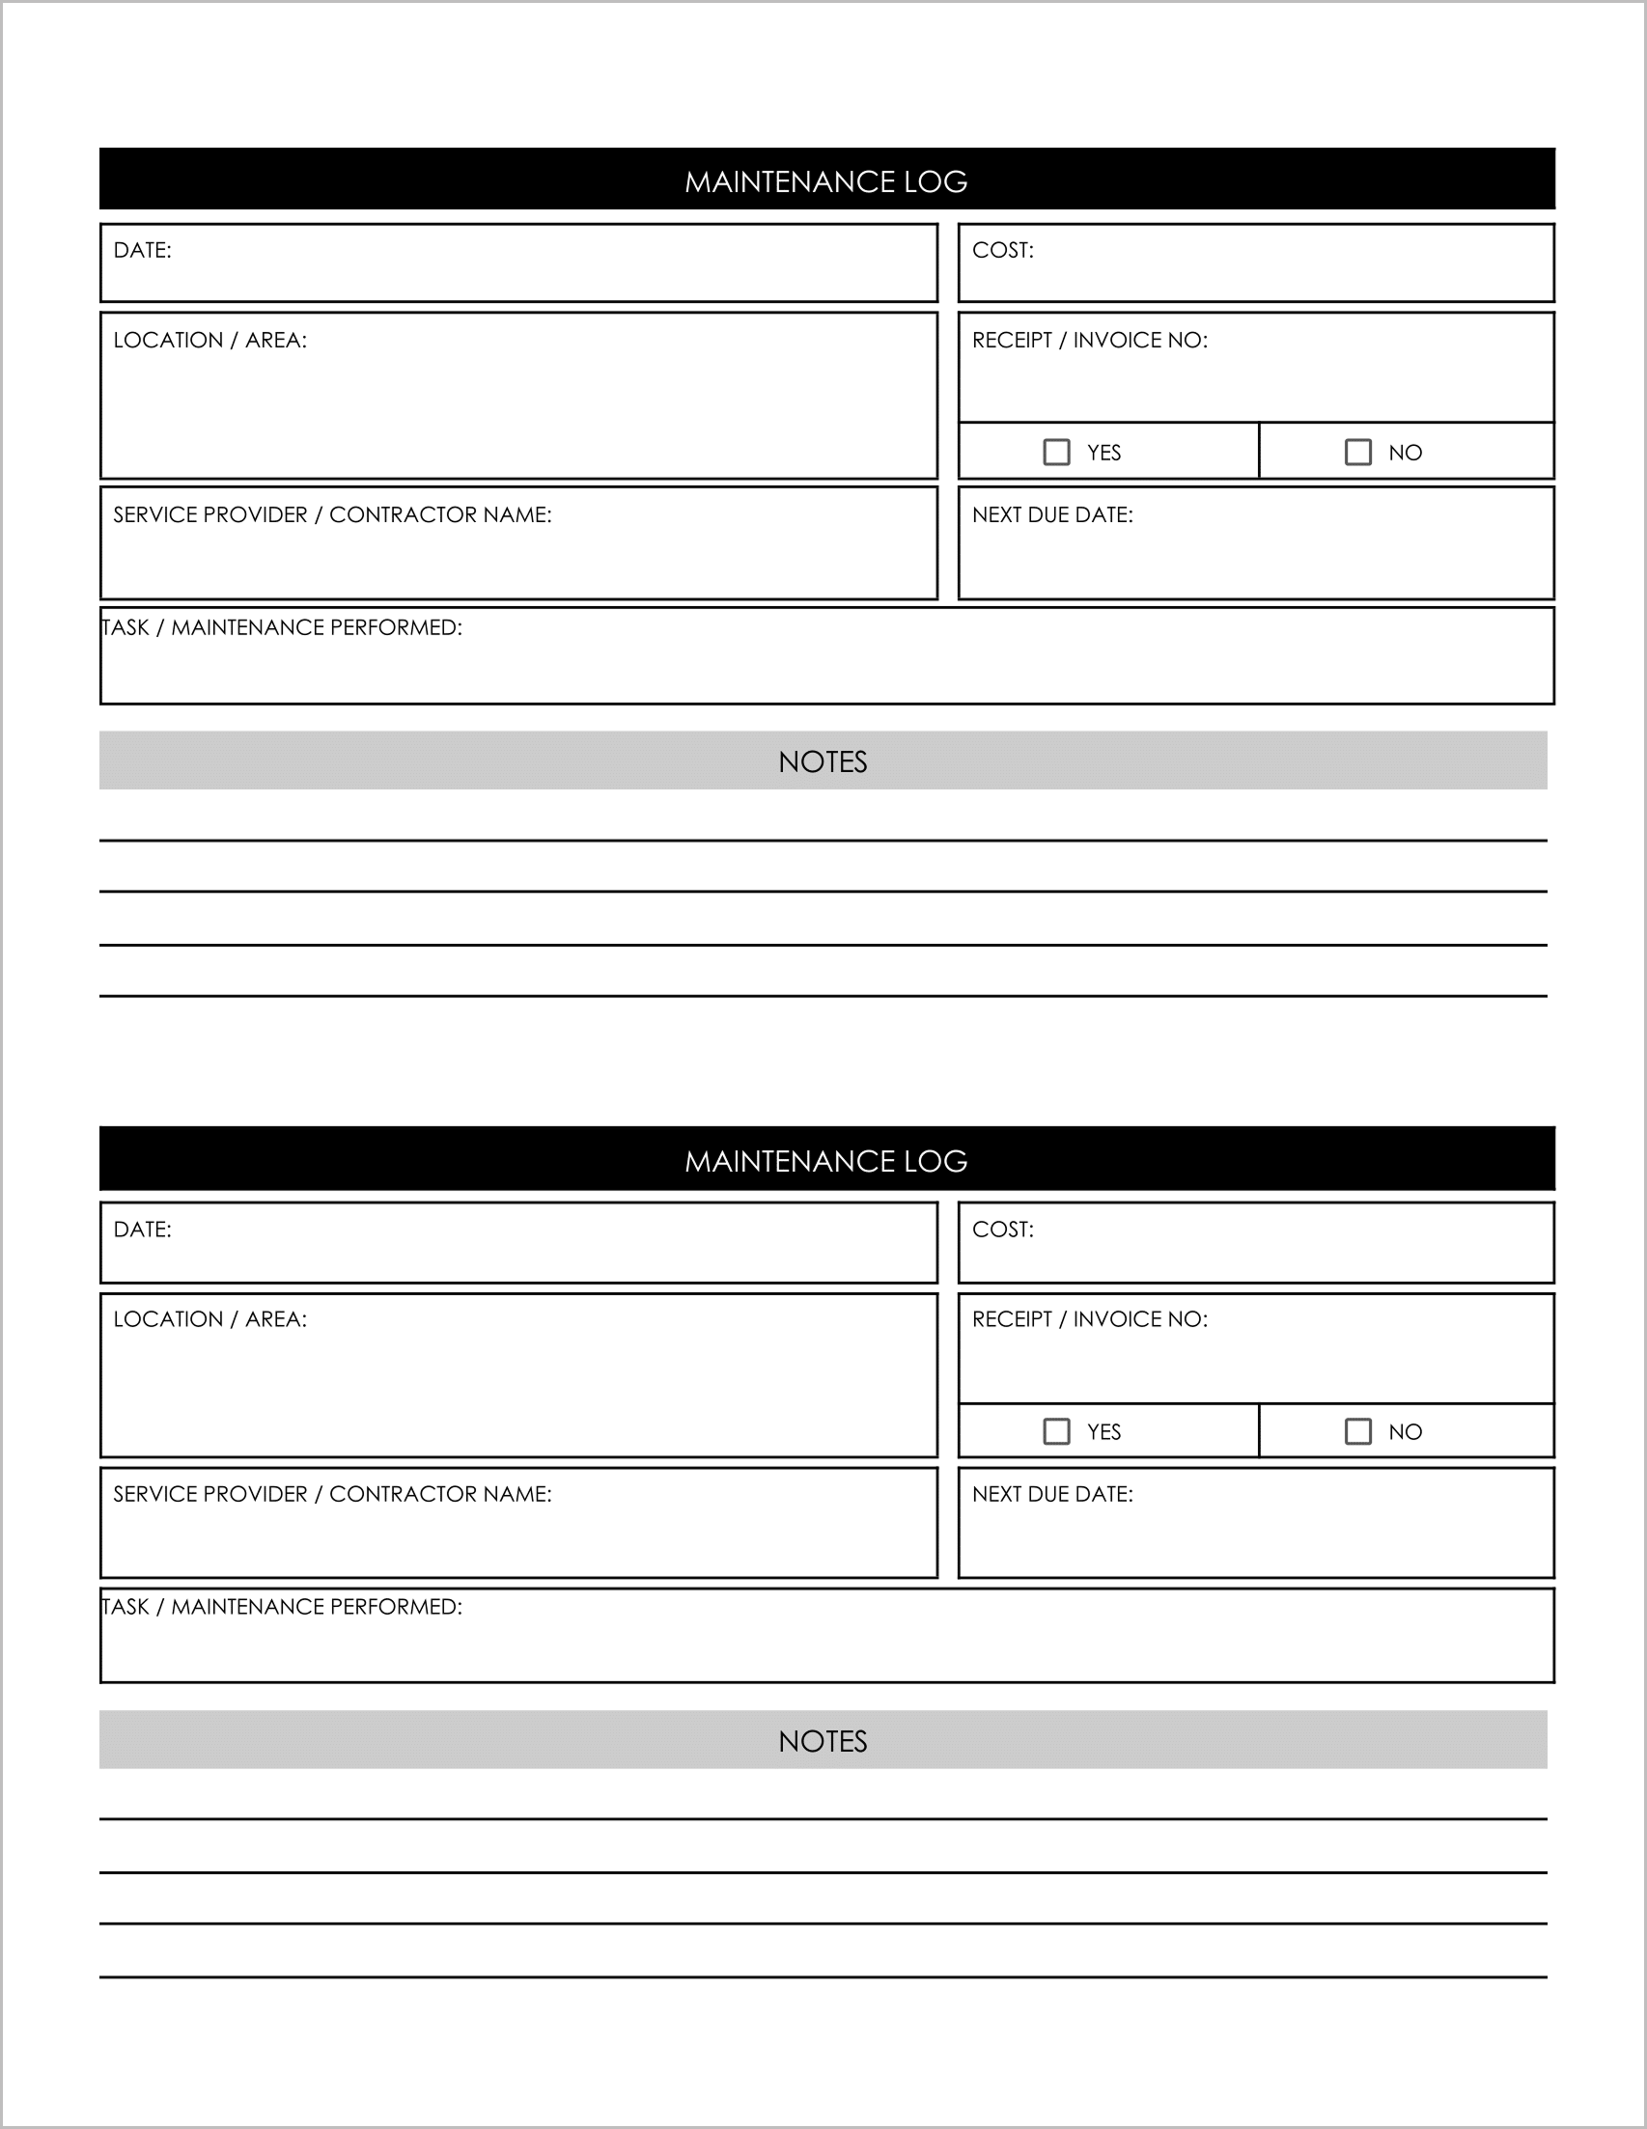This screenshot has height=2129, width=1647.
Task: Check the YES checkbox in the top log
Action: click(x=1056, y=452)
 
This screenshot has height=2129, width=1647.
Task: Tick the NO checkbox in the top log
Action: click(x=1357, y=452)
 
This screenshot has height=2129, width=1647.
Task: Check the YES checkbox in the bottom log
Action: click(x=1056, y=1431)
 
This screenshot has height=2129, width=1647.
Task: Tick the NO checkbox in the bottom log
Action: click(x=1357, y=1431)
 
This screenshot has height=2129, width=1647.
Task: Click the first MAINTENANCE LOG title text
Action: click(x=826, y=181)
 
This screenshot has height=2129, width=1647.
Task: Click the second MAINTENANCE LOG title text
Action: click(x=826, y=1161)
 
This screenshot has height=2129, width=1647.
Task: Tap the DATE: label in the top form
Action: click(x=142, y=251)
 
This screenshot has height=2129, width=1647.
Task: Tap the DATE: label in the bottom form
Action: click(x=142, y=1230)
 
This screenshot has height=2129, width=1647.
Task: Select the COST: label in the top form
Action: click(x=1002, y=251)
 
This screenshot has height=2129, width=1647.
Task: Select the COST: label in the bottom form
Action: click(x=1002, y=1230)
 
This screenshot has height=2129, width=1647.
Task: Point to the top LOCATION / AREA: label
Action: click(x=209, y=341)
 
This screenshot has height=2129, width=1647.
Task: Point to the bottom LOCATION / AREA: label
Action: click(x=209, y=1319)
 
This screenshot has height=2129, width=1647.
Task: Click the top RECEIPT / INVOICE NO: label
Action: click(x=1089, y=341)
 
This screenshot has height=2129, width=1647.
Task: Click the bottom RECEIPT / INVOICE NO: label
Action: click(x=1089, y=1319)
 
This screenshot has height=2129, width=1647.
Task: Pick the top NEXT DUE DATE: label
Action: click(x=1052, y=514)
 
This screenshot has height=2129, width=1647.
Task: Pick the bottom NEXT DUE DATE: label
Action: click(x=1052, y=1494)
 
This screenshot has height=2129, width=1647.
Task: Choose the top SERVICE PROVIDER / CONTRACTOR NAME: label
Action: click(x=331, y=514)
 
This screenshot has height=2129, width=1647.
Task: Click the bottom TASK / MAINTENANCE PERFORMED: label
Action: click(x=282, y=1607)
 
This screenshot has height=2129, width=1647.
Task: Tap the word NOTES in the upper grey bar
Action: click(x=822, y=762)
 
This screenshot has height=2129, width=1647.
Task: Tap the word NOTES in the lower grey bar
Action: click(x=822, y=1742)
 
